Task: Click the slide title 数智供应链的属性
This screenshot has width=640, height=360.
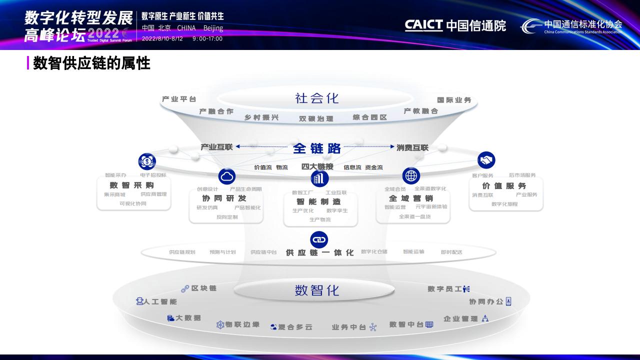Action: pyautogui.click(x=91, y=63)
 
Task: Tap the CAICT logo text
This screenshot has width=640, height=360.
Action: pyautogui.click(x=423, y=25)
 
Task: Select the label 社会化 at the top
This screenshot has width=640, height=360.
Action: pyautogui.click(x=317, y=98)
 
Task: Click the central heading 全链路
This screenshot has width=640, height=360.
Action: pyautogui.click(x=317, y=148)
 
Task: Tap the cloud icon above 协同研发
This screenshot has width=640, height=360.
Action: pyautogui.click(x=227, y=176)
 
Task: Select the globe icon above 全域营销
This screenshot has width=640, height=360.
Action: pyautogui.click(x=411, y=176)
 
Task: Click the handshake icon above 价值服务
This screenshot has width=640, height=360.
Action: pyautogui.click(x=486, y=160)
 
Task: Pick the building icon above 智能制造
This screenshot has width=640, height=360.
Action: pyautogui.click(x=319, y=178)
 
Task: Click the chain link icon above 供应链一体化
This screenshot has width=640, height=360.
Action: pyautogui.click(x=319, y=239)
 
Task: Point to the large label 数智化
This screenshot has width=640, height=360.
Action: pyautogui.click(x=317, y=290)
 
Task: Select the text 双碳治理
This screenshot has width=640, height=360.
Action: pyautogui.click(x=316, y=118)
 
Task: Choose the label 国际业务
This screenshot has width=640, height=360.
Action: pyautogui.click(x=454, y=100)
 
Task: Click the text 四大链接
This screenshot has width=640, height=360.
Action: pyautogui.click(x=317, y=166)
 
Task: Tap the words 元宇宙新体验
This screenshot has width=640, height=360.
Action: pyautogui.click(x=431, y=206)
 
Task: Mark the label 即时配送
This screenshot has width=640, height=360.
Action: pyautogui.click(x=451, y=252)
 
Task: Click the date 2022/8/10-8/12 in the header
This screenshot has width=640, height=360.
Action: pyautogui.click(x=162, y=38)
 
